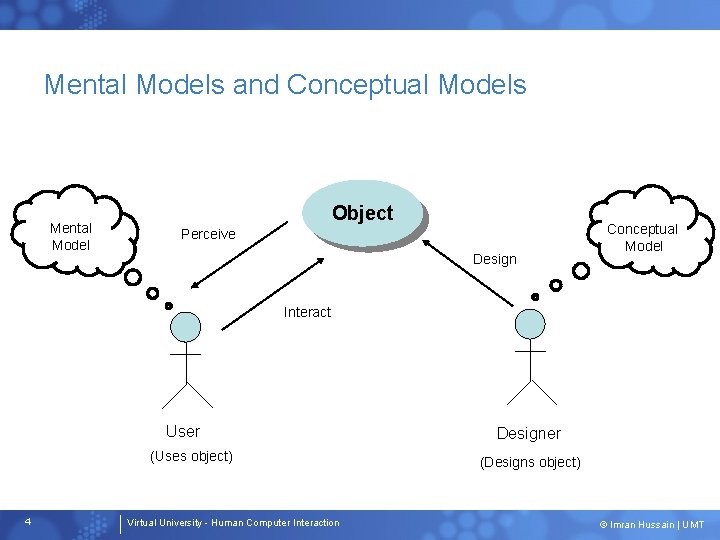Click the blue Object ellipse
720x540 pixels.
tap(362, 213)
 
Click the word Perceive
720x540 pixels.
tap(208, 234)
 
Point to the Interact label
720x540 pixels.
tap(307, 312)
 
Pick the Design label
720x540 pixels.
tap(495, 259)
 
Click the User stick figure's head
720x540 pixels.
tap(185, 326)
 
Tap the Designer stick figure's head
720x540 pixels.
tap(529, 324)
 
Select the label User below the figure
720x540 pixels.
tap(183, 431)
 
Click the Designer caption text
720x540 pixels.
tap(529, 433)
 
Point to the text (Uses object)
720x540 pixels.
tap(191, 456)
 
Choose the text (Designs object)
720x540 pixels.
tap(530, 462)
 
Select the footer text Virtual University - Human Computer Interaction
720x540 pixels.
tap(233, 523)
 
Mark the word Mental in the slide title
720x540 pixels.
tap(89, 85)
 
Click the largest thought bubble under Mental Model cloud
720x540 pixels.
tap(132, 277)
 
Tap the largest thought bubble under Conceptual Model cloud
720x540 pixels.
tap(580, 270)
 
